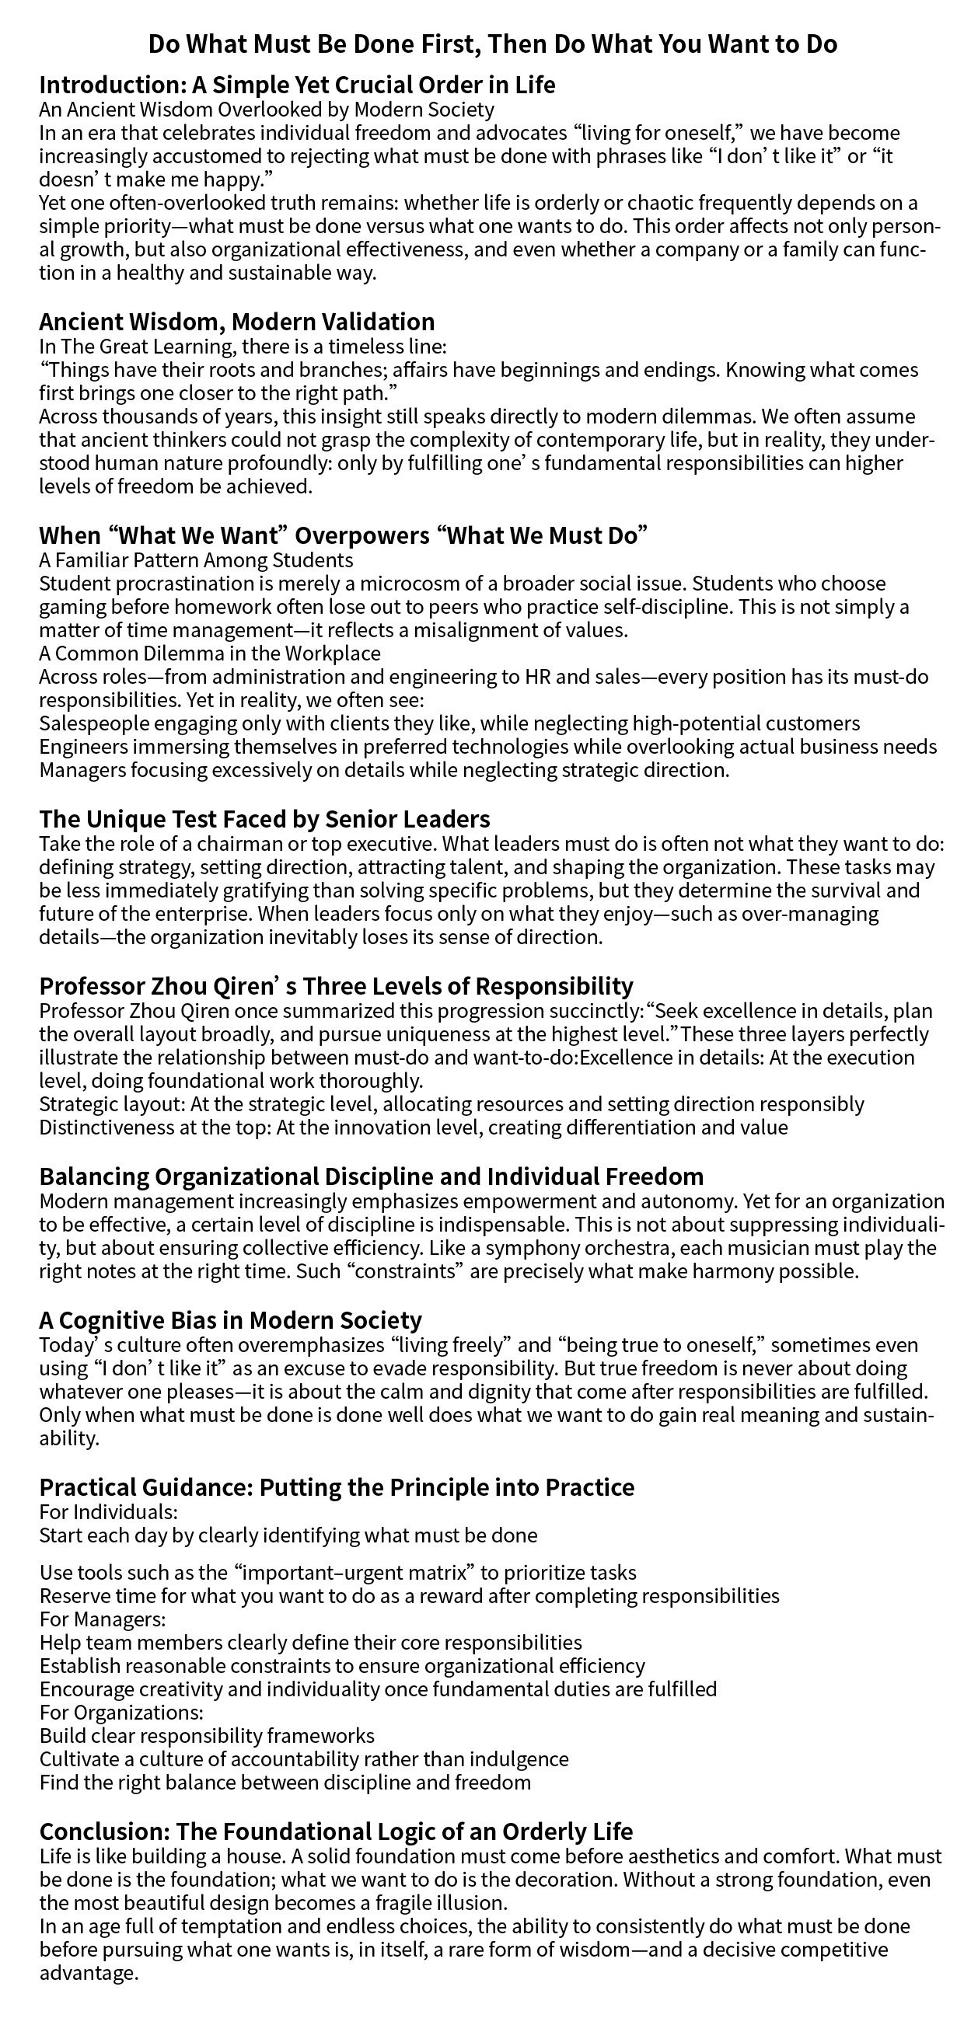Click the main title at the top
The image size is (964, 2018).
point(492,44)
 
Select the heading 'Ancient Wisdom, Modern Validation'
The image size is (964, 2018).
point(236,322)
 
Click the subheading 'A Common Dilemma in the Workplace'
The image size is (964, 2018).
point(210,653)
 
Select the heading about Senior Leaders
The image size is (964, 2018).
point(265,820)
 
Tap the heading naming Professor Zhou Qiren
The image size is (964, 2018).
point(336,985)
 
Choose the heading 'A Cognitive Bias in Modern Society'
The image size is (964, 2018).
point(230,1320)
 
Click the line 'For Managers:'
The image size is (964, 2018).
point(103,1619)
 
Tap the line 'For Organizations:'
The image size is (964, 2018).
point(121,1712)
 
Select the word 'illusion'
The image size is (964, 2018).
point(463,1903)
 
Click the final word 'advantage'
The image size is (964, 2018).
point(88,1973)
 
